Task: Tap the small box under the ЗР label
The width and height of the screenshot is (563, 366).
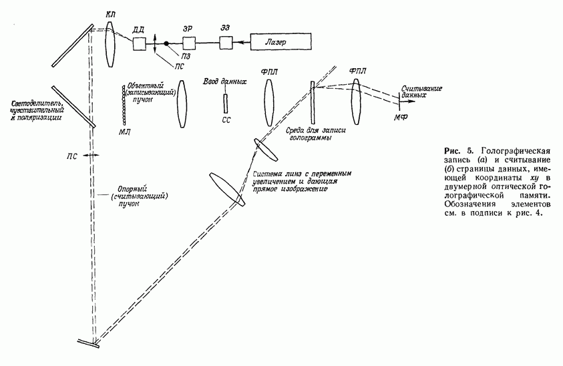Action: click(190, 43)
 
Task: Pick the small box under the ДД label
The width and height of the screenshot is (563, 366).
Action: click(140, 43)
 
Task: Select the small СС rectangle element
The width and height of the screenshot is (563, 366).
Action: click(226, 103)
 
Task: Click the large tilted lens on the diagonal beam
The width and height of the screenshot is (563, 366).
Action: click(225, 190)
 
